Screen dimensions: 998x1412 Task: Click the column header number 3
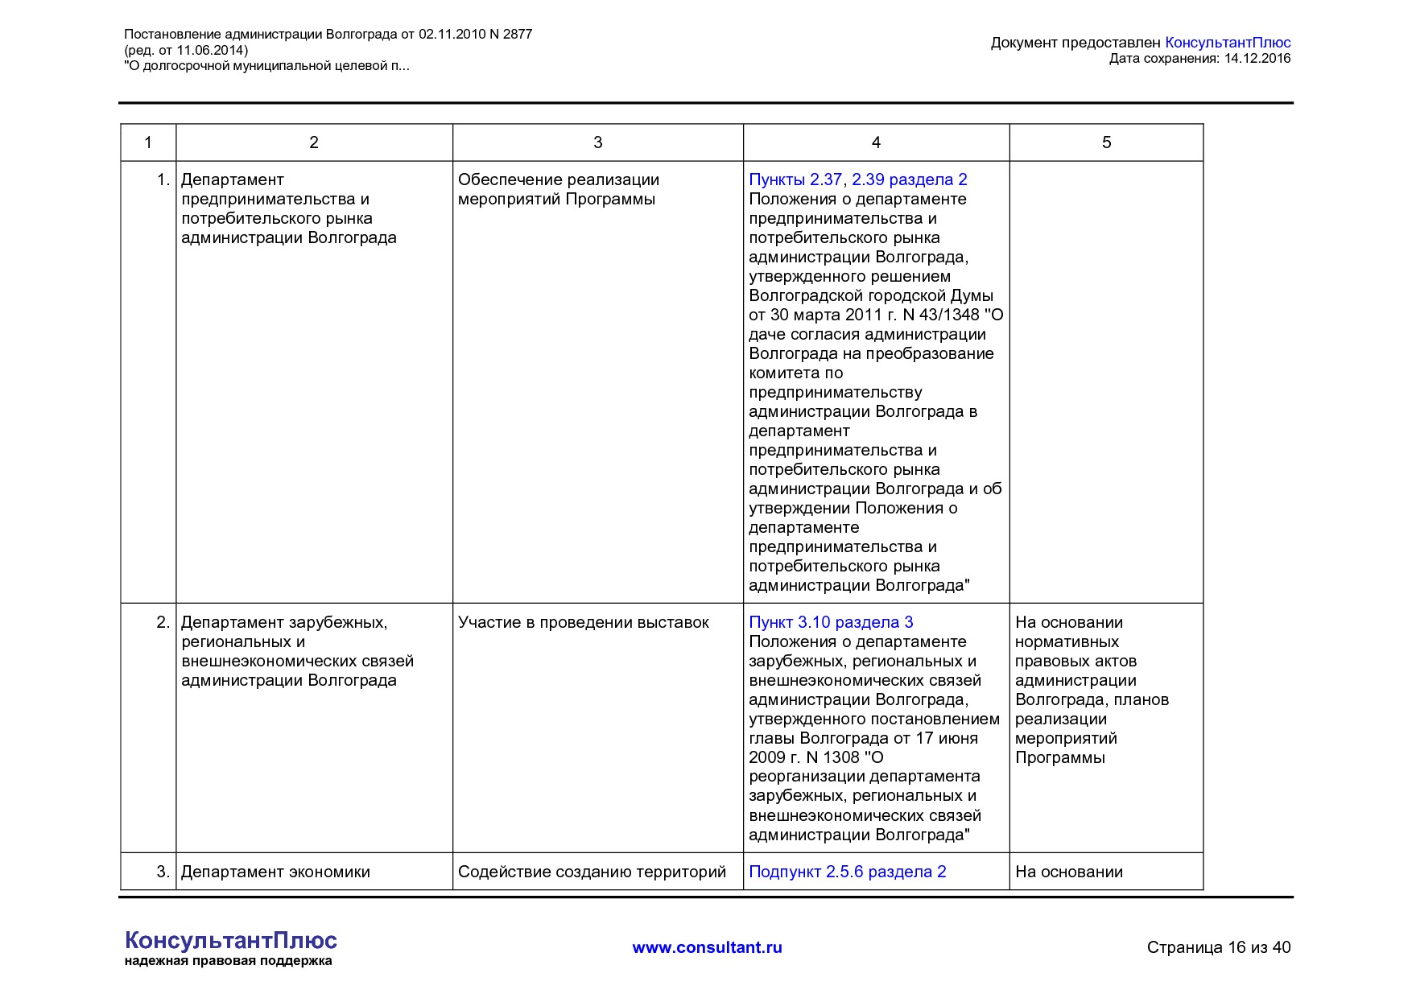pyautogui.click(x=597, y=142)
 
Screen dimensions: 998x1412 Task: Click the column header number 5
pyautogui.click(x=1106, y=142)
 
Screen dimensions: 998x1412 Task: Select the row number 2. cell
pyautogui.click(x=163, y=622)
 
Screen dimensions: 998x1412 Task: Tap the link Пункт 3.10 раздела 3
pyautogui.click(x=831, y=622)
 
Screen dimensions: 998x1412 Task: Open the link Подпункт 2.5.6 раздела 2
pyautogui.click(x=847, y=872)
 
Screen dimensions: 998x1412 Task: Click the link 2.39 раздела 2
pyautogui.click(x=909, y=179)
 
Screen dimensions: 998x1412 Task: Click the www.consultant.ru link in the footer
pyautogui.click(x=707, y=947)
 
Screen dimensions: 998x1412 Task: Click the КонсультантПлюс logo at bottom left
pyautogui.click(x=231, y=940)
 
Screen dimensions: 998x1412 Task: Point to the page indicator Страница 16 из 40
pyautogui.click(x=1218, y=947)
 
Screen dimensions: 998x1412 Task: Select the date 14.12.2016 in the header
pyautogui.click(x=1257, y=58)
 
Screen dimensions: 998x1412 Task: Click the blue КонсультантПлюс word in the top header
pyautogui.click(x=1228, y=43)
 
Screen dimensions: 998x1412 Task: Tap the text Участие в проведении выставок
pyautogui.click(x=583, y=622)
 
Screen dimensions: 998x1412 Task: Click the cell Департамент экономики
pyautogui.click(x=275, y=872)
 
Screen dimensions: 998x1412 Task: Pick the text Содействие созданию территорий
pyautogui.click(x=592, y=872)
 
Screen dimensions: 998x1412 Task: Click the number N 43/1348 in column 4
pyautogui.click(x=941, y=315)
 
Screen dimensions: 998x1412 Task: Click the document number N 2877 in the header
pyautogui.click(x=510, y=35)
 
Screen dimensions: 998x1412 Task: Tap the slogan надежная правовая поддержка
pyautogui.click(x=228, y=961)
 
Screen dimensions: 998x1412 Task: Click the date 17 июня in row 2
pyautogui.click(x=947, y=738)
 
